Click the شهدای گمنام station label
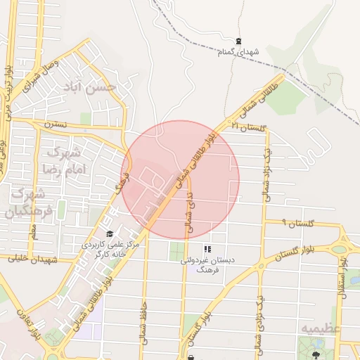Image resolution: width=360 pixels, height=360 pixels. (x=240, y=53)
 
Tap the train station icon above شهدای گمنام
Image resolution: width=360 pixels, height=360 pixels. (x=240, y=40)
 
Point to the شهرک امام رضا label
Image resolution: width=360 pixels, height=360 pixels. (x=63, y=160)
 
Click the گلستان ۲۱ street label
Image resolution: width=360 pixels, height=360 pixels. (x=250, y=127)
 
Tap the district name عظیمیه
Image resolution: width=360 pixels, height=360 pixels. (x=321, y=328)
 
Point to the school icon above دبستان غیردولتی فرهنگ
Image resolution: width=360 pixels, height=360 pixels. (x=207, y=249)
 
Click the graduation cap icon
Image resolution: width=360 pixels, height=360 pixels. (x=109, y=234)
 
